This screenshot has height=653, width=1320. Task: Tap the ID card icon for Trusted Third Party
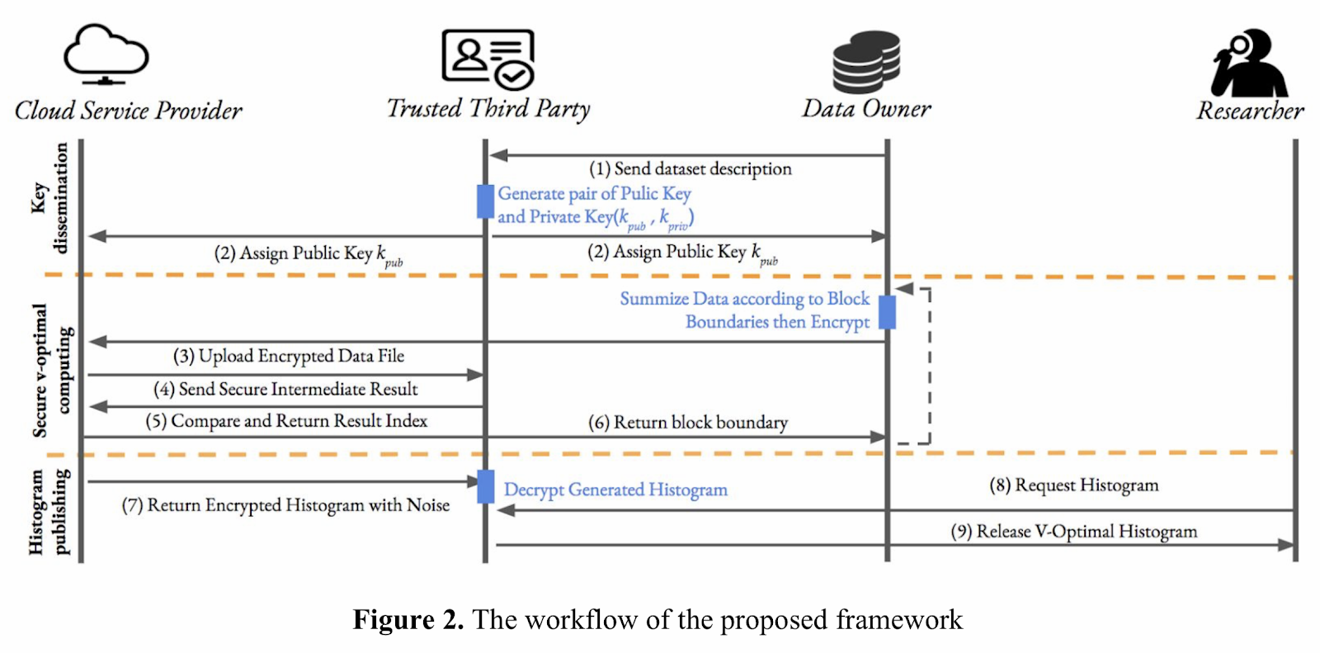tap(488, 59)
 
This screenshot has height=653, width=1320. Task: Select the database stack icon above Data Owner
tap(866, 62)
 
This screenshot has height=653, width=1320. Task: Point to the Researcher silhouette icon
tap(1249, 63)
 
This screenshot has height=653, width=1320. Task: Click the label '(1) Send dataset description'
tap(691, 169)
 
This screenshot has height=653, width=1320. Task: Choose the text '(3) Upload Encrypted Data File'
tap(289, 357)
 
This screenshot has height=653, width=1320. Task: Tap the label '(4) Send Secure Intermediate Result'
tap(285, 390)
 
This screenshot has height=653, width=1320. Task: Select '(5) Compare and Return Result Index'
tap(286, 421)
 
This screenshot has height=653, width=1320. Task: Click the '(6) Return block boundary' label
tap(688, 423)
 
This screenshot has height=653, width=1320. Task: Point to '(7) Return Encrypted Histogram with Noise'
tap(285, 505)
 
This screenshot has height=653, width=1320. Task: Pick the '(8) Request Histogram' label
tap(1073, 485)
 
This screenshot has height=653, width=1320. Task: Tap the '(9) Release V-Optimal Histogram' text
tap(1073, 532)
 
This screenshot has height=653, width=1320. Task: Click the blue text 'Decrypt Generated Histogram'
tap(615, 490)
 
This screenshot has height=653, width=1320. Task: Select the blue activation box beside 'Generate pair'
tap(485, 201)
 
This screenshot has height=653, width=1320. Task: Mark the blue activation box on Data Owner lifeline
tap(888, 312)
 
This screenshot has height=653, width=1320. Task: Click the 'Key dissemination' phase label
tap(50, 198)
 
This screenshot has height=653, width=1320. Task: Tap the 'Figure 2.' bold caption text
tap(408, 620)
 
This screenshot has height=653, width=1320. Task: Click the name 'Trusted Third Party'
tap(488, 109)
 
